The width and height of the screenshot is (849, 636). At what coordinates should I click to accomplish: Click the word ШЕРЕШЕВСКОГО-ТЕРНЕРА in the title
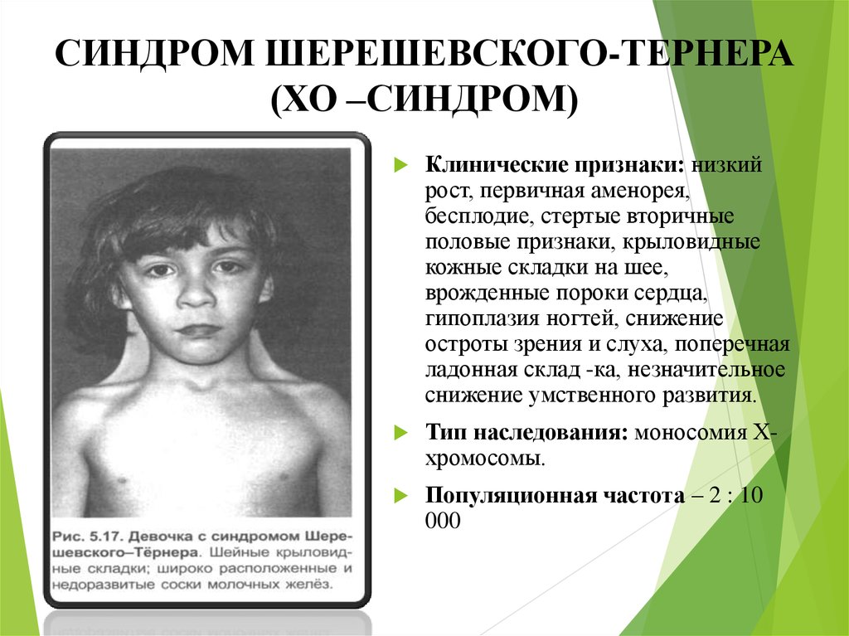pos(529,53)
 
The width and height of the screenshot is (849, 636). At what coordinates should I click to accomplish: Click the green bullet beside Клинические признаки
pos(400,164)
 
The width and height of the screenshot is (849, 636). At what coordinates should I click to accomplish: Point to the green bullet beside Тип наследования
pos(400,432)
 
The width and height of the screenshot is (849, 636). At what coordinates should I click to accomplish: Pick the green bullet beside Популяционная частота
pos(400,495)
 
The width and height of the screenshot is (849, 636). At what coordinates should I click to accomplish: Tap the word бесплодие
pos(473,216)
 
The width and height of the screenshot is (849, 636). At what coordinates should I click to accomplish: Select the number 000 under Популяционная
pos(443,521)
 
